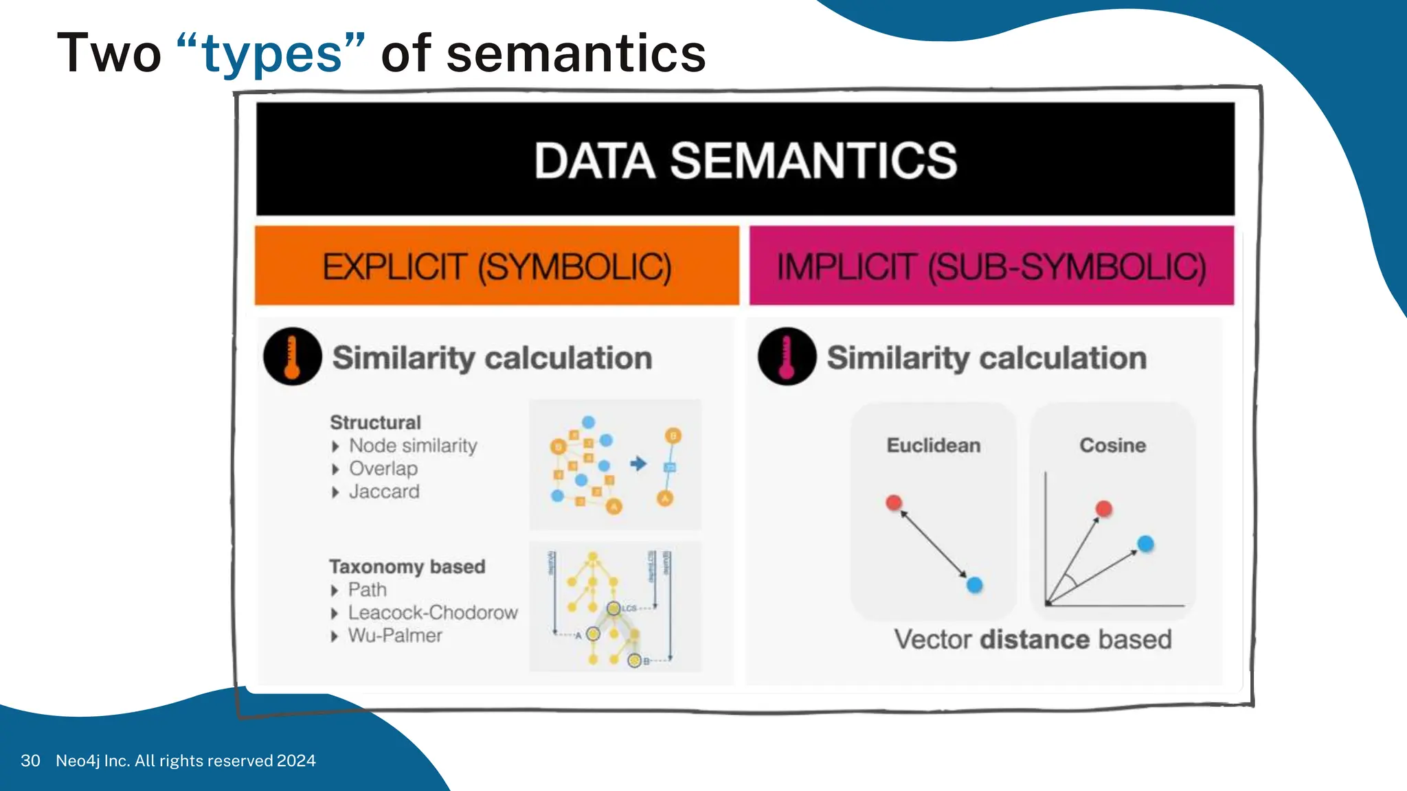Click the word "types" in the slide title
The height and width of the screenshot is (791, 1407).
point(272,55)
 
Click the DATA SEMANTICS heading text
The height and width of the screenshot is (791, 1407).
point(745,161)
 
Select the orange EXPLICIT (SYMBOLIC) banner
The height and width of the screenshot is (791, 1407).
point(497,266)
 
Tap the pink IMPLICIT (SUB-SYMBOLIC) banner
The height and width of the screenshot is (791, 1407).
point(991,266)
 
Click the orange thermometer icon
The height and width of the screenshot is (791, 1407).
point(293,356)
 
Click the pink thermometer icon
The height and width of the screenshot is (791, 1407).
point(787,356)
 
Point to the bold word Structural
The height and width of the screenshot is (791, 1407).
point(375,422)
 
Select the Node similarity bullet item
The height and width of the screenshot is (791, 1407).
point(413,446)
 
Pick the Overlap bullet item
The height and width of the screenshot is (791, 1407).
point(383,468)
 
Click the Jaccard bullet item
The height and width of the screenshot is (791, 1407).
point(383,492)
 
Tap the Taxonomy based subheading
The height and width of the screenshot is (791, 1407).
point(407,566)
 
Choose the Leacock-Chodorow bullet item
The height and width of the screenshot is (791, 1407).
point(432,612)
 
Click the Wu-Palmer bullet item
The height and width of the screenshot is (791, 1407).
point(394,635)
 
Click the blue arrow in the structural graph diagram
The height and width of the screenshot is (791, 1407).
point(638,463)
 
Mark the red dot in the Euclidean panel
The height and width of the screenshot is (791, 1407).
point(894,503)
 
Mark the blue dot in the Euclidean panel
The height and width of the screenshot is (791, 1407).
point(974,585)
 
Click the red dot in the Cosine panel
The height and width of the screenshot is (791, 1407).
point(1104,509)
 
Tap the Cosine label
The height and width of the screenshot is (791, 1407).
point(1112,445)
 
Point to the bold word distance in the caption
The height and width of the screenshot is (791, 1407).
point(1035,639)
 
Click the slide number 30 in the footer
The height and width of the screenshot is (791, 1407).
point(30,761)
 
